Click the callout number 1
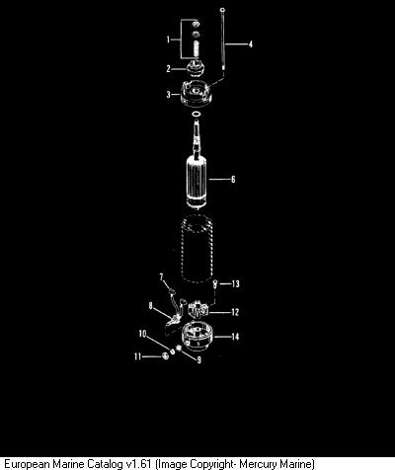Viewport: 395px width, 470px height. tap(168, 39)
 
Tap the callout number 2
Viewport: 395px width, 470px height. tap(169, 69)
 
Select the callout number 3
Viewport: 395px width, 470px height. tap(169, 95)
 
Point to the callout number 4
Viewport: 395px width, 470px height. tap(251, 44)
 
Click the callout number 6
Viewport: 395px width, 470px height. tap(233, 179)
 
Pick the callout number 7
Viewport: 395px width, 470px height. tap(162, 277)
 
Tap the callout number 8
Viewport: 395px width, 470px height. tap(151, 306)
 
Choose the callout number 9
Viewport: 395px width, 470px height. tap(198, 360)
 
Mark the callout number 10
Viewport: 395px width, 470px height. tap(142, 334)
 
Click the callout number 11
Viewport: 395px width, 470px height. tap(137, 356)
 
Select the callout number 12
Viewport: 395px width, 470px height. tap(235, 312)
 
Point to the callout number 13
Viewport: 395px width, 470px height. tap(235, 283)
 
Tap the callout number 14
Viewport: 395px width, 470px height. tap(235, 337)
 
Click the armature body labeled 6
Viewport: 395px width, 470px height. tap(197, 182)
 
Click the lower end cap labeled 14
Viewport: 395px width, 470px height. tap(197, 337)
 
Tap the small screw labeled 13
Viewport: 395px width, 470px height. tap(214, 283)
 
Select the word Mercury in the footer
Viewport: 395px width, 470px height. tap(259, 464)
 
